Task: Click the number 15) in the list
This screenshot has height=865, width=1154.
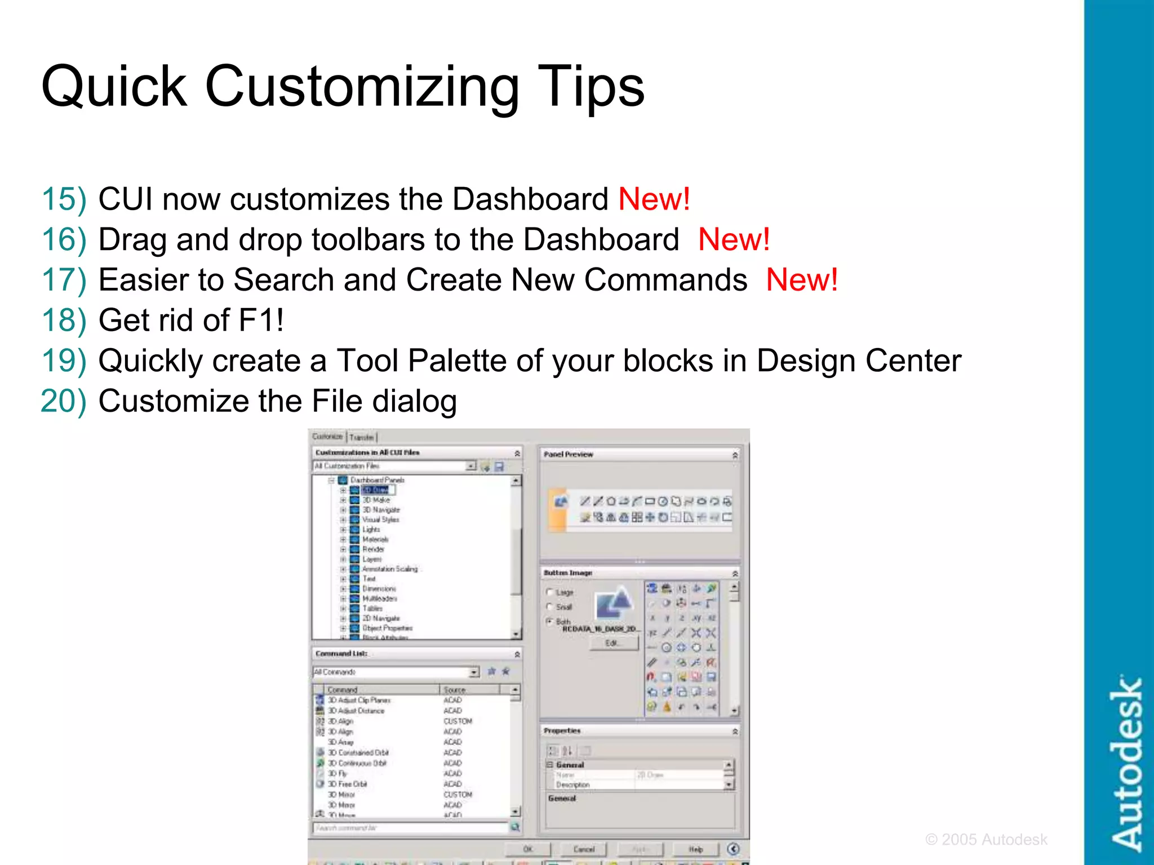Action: click(x=64, y=199)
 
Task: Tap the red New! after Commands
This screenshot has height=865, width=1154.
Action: click(x=801, y=280)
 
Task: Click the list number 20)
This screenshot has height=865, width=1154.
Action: click(x=64, y=402)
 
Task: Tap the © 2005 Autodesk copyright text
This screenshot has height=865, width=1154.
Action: click(x=986, y=840)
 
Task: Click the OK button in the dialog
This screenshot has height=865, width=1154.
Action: click(x=528, y=849)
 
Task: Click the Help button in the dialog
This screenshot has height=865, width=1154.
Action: click(x=696, y=849)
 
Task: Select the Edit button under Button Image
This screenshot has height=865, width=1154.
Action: click(x=612, y=643)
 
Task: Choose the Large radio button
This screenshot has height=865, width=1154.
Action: click(x=549, y=592)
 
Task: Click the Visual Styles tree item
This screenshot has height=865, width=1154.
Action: click(x=380, y=520)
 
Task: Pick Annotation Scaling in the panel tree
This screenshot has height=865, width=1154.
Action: click(x=390, y=569)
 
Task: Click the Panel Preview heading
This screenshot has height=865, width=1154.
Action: click(x=568, y=454)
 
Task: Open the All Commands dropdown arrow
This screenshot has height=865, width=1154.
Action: click(x=474, y=672)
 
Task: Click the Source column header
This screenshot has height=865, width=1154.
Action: click(x=455, y=690)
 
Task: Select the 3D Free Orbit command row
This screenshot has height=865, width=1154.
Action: click(x=347, y=784)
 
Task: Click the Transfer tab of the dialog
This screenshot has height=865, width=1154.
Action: click(x=361, y=437)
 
